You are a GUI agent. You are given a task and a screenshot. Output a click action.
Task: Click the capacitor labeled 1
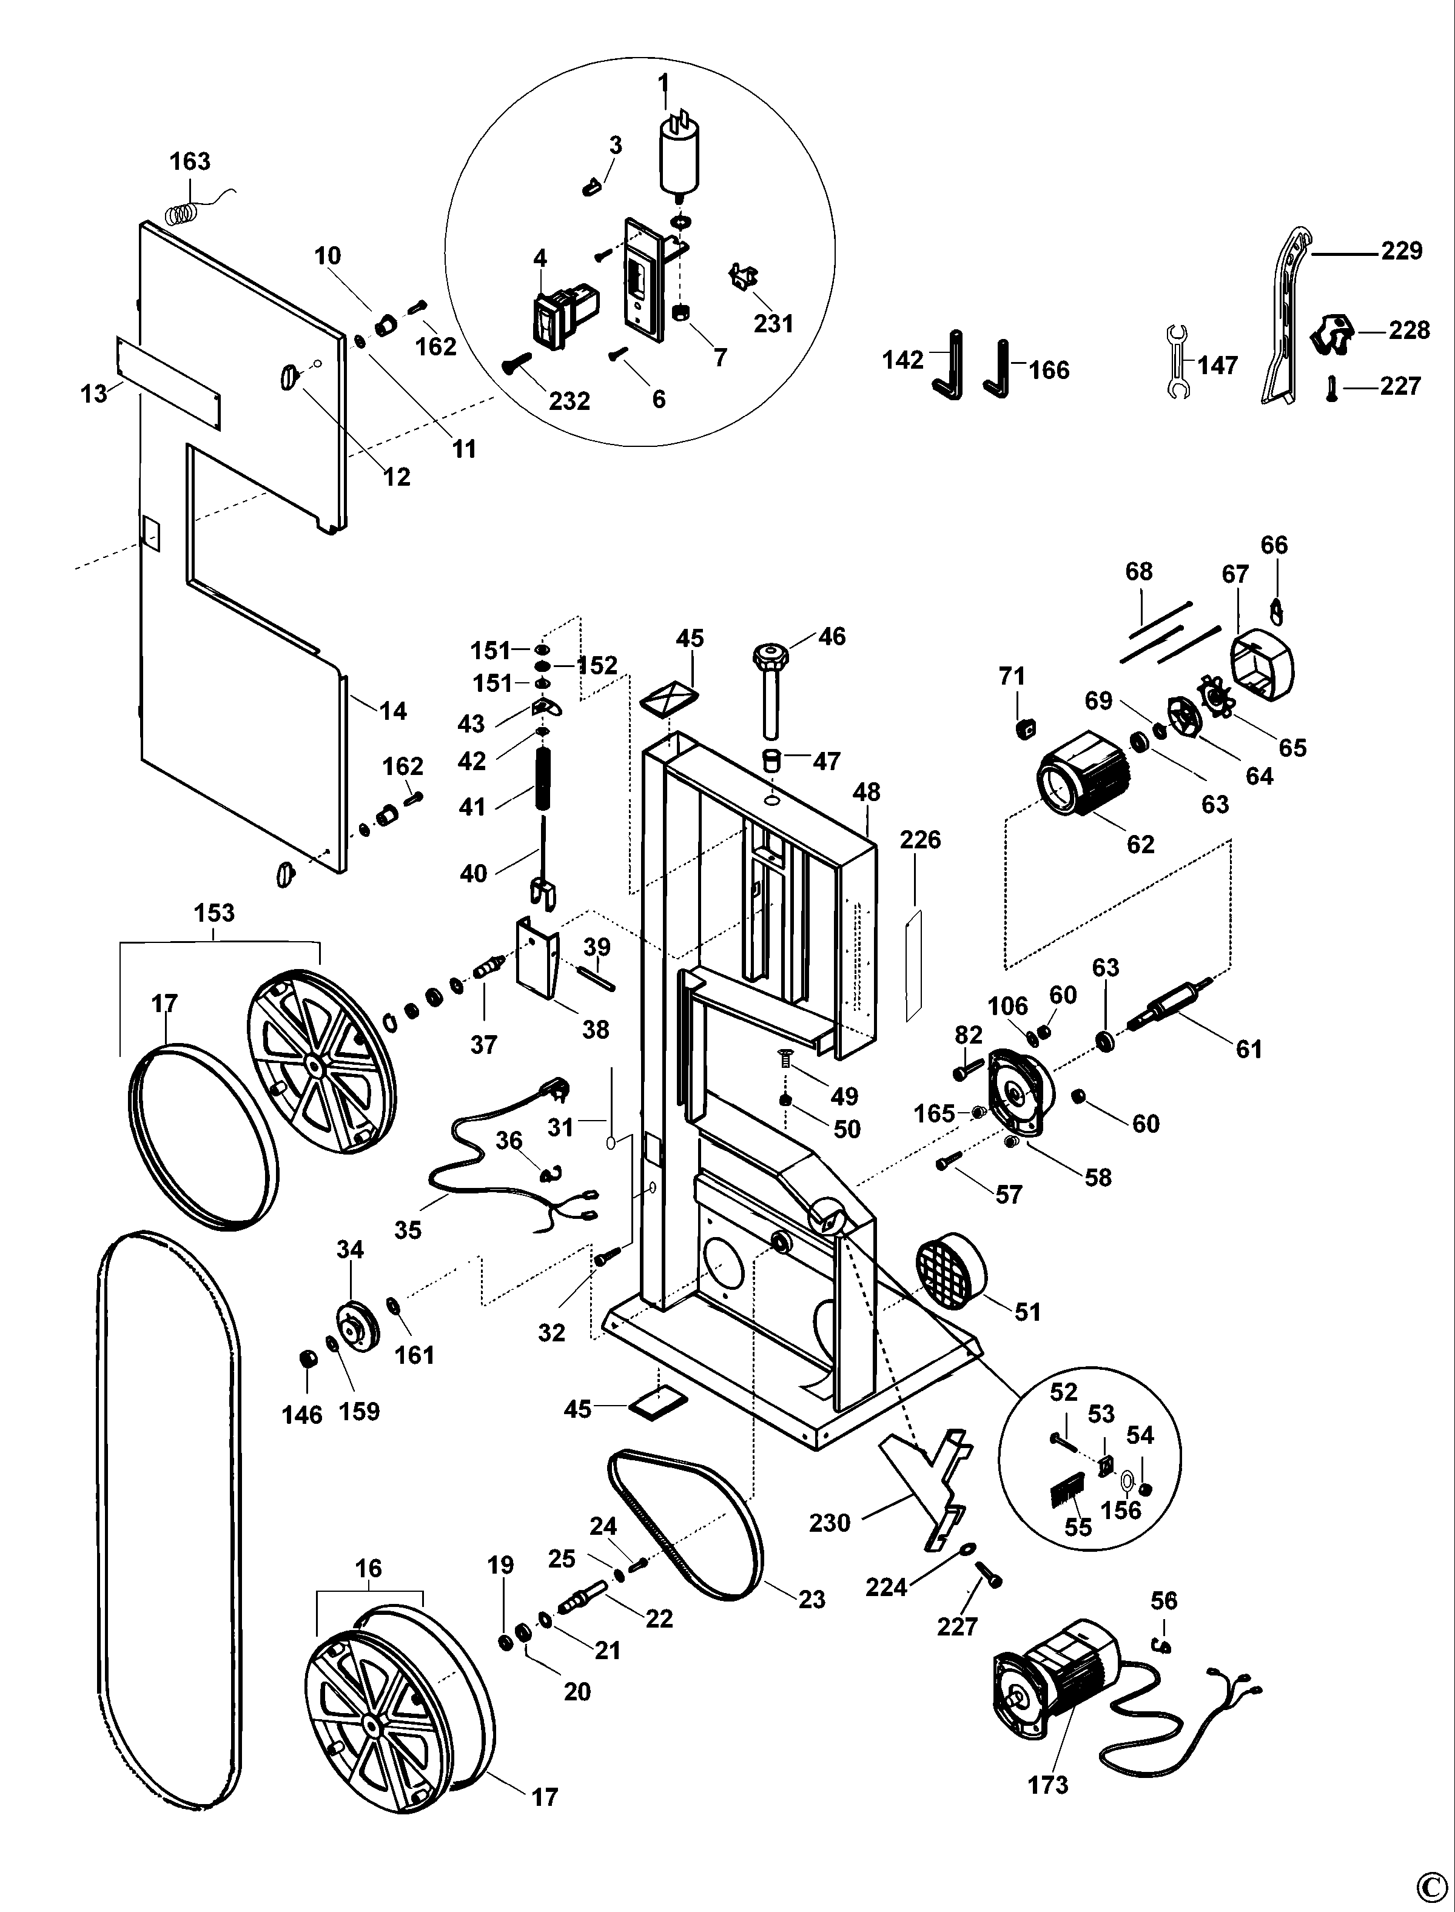pyautogui.click(x=680, y=158)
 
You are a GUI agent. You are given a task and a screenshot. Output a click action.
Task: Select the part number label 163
pyautogui.click(x=190, y=162)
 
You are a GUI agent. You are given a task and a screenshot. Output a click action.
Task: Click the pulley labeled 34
pyautogui.click(x=357, y=1326)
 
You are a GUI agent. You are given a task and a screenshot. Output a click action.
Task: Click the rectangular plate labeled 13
pyautogui.click(x=168, y=384)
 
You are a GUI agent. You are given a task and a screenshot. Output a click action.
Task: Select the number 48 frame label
pyautogui.click(x=866, y=793)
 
